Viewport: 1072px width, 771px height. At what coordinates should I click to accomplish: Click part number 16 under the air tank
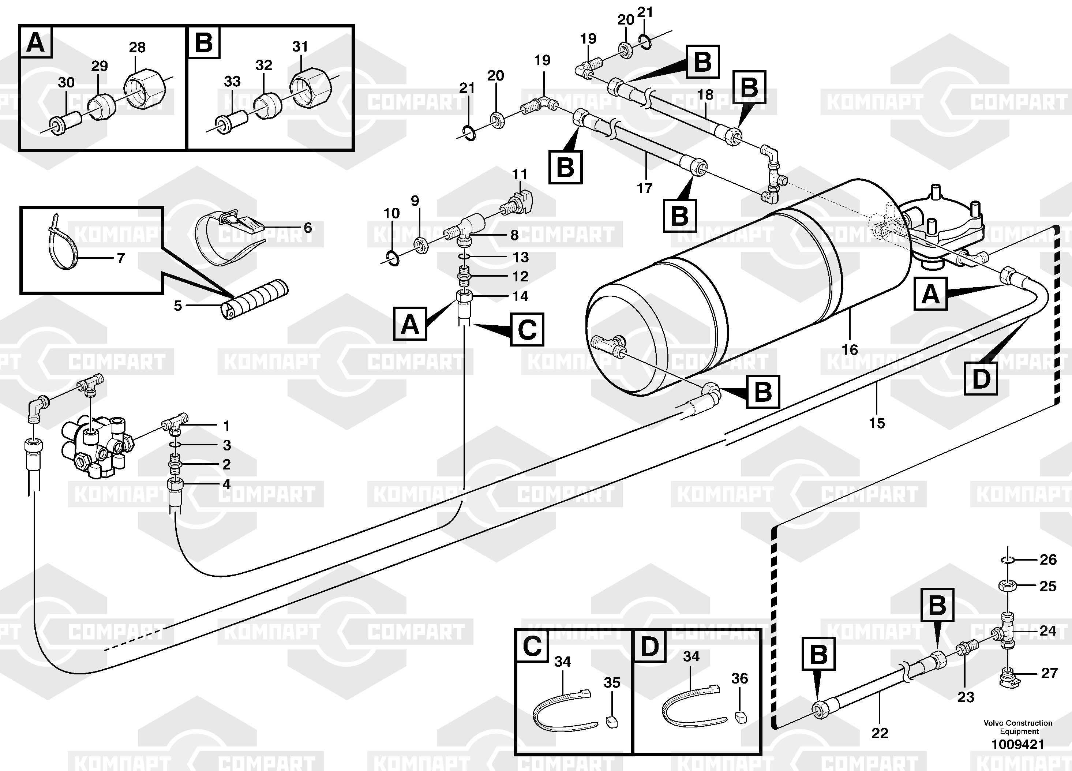(x=850, y=350)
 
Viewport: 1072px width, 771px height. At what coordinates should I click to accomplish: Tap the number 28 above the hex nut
(x=137, y=47)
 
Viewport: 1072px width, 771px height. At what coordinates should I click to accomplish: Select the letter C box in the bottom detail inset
(x=532, y=646)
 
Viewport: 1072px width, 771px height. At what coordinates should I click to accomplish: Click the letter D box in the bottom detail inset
(x=649, y=646)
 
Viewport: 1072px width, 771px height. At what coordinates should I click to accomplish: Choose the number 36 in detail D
(x=740, y=679)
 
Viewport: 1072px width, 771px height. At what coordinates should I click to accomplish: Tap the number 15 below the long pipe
(x=877, y=423)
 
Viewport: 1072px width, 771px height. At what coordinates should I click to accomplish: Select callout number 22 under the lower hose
(x=880, y=733)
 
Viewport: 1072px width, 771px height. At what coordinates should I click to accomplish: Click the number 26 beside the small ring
(x=1048, y=560)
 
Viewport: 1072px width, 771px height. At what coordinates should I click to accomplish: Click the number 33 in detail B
(x=232, y=81)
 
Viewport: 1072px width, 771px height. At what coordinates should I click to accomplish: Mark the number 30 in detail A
(x=66, y=82)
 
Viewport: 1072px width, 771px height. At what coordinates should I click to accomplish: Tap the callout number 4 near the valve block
(x=226, y=484)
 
